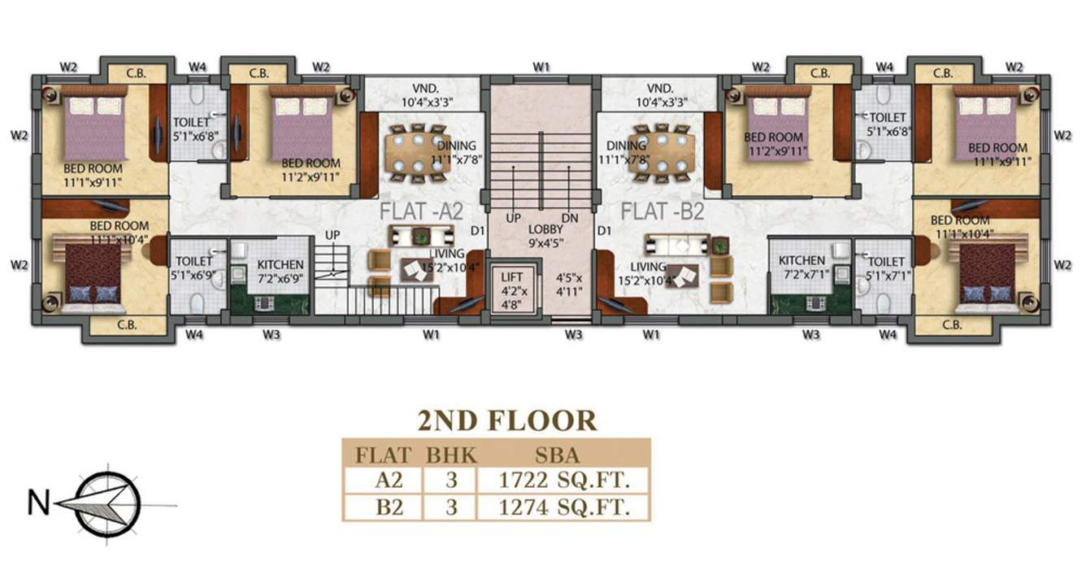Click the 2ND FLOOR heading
(x=507, y=420)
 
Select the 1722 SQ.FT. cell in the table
(x=564, y=481)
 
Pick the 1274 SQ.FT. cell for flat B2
(x=564, y=507)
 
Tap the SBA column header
(x=557, y=455)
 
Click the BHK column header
(x=451, y=455)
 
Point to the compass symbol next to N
(x=107, y=504)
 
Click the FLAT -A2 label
(x=421, y=211)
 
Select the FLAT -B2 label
(x=662, y=211)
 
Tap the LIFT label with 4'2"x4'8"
(x=511, y=290)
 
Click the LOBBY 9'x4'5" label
(x=545, y=236)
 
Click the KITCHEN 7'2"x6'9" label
(x=280, y=272)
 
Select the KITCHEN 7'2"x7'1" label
(x=801, y=268)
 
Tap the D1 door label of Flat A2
(x=477, y=231)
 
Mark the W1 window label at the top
(x=541, y=67)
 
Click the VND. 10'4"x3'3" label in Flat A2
(x=427, y=95)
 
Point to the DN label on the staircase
(x=570, y=219)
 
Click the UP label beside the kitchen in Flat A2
(x=332, y=235)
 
